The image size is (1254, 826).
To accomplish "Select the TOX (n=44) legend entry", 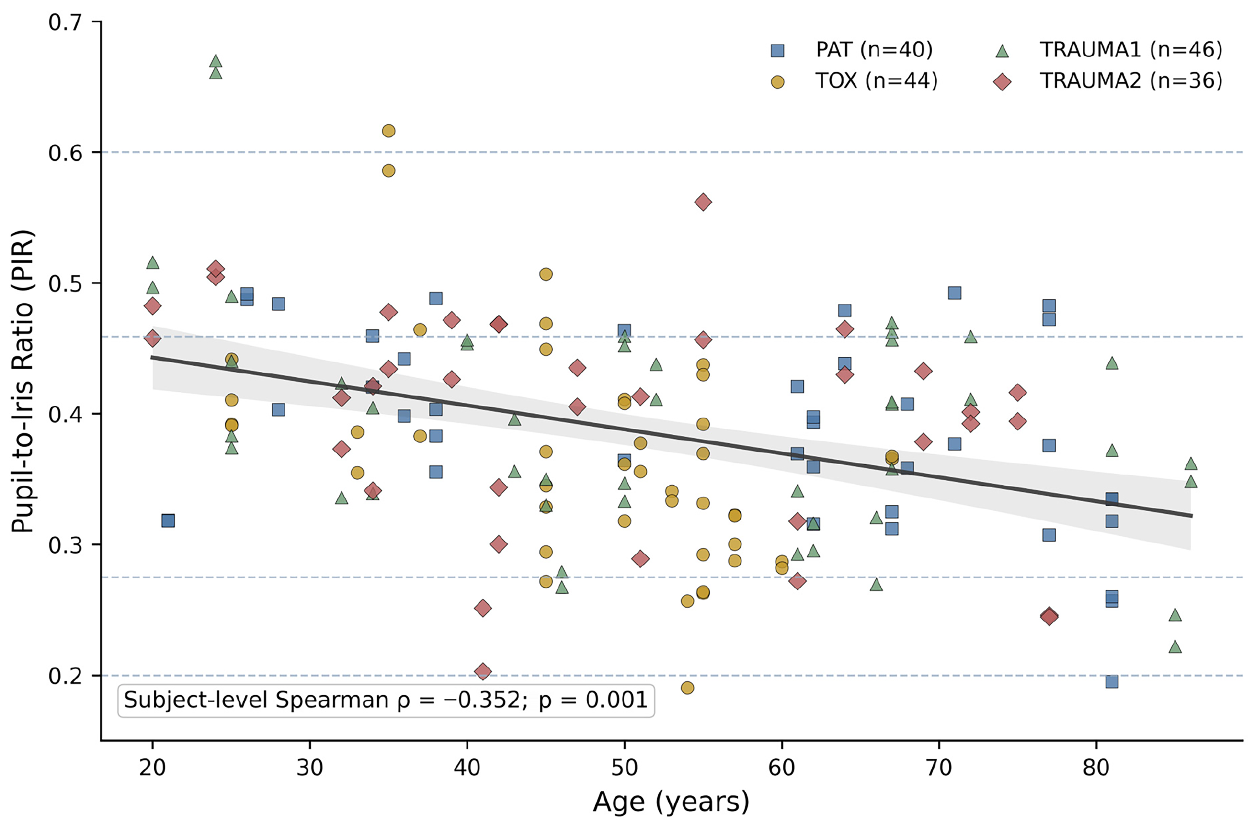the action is (x=854, y=81).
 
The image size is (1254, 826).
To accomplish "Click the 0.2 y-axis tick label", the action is (x=66, y=675).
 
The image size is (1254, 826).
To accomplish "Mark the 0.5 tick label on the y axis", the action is (x=66, y=283).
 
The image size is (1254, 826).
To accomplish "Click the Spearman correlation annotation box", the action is (x=386, y=701).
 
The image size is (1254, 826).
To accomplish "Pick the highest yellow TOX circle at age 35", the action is (x=388, y=131).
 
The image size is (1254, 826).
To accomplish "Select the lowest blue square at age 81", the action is (x=1112, y=682).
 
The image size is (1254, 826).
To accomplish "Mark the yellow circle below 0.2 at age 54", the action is (x=687, y=687).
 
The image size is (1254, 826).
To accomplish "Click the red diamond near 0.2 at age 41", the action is (x=483, y=672).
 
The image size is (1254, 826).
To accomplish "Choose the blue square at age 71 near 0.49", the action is (x=954, y=293).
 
